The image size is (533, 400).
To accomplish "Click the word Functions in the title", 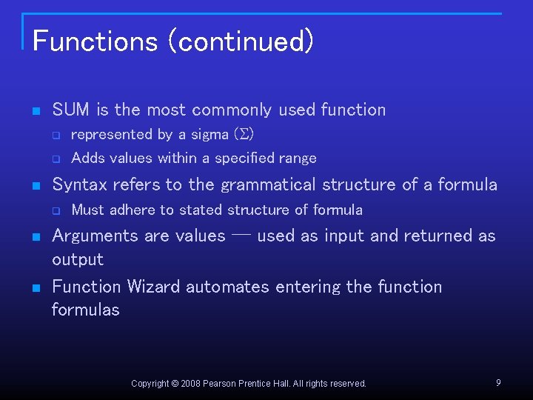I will [94, 41].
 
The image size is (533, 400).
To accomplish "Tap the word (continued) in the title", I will [241, 41].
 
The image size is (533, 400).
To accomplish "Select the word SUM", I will [72, 110].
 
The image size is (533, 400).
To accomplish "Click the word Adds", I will [88, 158].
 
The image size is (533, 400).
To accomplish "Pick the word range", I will [298, 159].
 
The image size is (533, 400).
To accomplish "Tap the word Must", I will [88, 210].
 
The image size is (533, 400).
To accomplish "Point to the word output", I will [78, 260].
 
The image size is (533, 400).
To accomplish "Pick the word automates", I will [221, 287].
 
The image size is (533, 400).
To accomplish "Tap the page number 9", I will [498, 382].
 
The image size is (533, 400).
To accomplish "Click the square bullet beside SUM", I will [35, 111].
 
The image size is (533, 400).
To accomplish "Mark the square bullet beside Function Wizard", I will [35, 287].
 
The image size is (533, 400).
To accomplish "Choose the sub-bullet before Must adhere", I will [55, 210].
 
